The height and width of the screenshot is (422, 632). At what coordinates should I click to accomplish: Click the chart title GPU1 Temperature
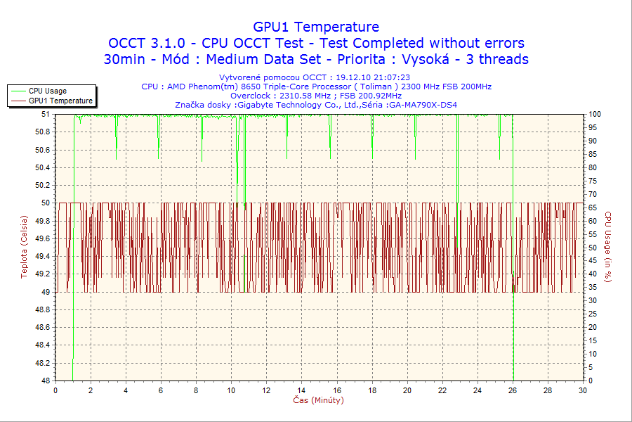316,27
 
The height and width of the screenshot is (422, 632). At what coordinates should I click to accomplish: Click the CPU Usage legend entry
47,91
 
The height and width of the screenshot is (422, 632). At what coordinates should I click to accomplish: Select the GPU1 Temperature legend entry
60,101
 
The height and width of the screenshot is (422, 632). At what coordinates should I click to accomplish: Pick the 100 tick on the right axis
595,114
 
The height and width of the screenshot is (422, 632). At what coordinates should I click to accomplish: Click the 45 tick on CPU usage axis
593,261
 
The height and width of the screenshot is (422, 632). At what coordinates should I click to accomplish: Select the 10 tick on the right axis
593,354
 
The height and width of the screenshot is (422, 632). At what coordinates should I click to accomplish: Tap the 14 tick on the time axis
302,391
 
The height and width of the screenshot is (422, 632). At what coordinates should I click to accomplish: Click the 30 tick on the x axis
582,391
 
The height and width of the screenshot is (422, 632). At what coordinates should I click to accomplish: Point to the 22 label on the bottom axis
442,391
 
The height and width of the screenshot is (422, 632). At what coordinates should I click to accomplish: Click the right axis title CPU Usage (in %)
609,247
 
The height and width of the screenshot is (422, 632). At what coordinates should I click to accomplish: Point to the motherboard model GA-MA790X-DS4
422,105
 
